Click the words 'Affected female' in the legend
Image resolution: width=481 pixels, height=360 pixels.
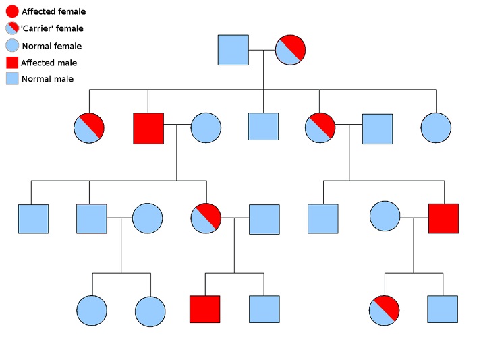(x=53, y=12)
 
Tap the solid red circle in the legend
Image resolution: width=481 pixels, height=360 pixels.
(x=12, y=11)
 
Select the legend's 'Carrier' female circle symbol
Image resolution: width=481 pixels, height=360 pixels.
(x=12, y=28)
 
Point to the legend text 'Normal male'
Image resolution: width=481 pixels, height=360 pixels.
(x=47, y=79)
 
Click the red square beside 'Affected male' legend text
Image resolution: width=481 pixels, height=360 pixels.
(x=12, y=63)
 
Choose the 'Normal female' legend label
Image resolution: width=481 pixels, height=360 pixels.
(x=51, y=46)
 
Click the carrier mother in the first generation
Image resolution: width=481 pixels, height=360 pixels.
(x=290, y=50)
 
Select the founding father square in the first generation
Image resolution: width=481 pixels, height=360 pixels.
(x=233, y=50)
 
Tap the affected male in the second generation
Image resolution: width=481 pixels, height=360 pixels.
(x=148, y=128)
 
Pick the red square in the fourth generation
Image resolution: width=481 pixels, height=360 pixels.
(x=204, y=309)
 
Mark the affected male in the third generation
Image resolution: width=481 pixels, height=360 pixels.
(x=443, y=218)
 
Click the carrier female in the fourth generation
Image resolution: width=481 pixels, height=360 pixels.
(x=385, y=310)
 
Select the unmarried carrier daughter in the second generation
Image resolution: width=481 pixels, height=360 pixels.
(x=89, y=128)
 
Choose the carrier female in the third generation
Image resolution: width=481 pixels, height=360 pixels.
(x=206, y=218)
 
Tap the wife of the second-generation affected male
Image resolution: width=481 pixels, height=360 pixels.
(x=206, y=128)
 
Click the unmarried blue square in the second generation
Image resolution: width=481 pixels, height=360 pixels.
(x=263, y=127)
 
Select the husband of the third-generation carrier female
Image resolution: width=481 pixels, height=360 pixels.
(x=264, y=219)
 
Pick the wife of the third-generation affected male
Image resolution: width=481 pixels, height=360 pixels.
(x=385, y=216)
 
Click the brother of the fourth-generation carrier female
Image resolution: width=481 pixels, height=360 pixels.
(x=443, y=309)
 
